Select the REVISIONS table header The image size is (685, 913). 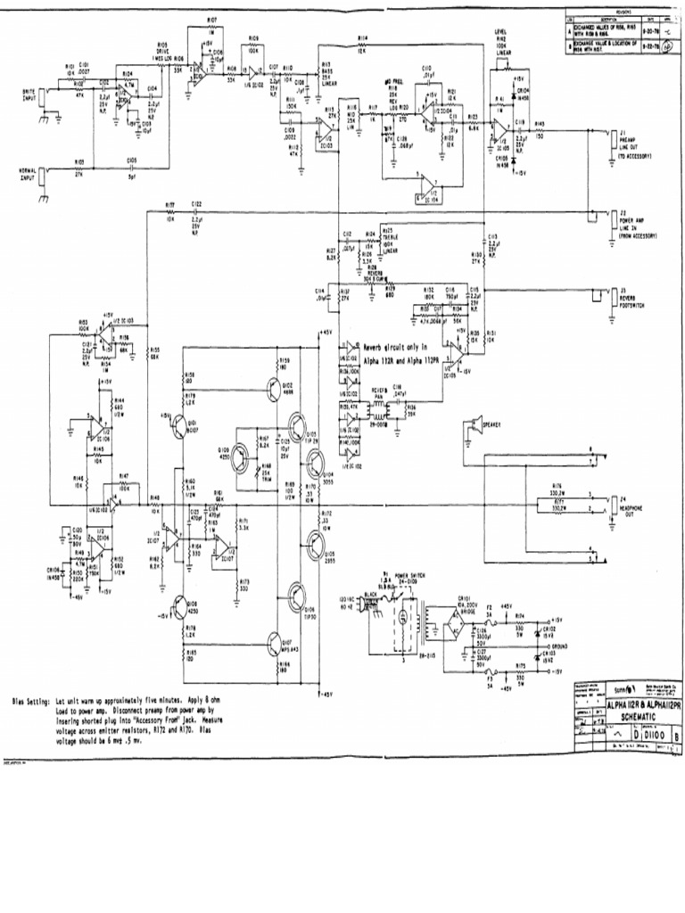pos(621,12)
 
